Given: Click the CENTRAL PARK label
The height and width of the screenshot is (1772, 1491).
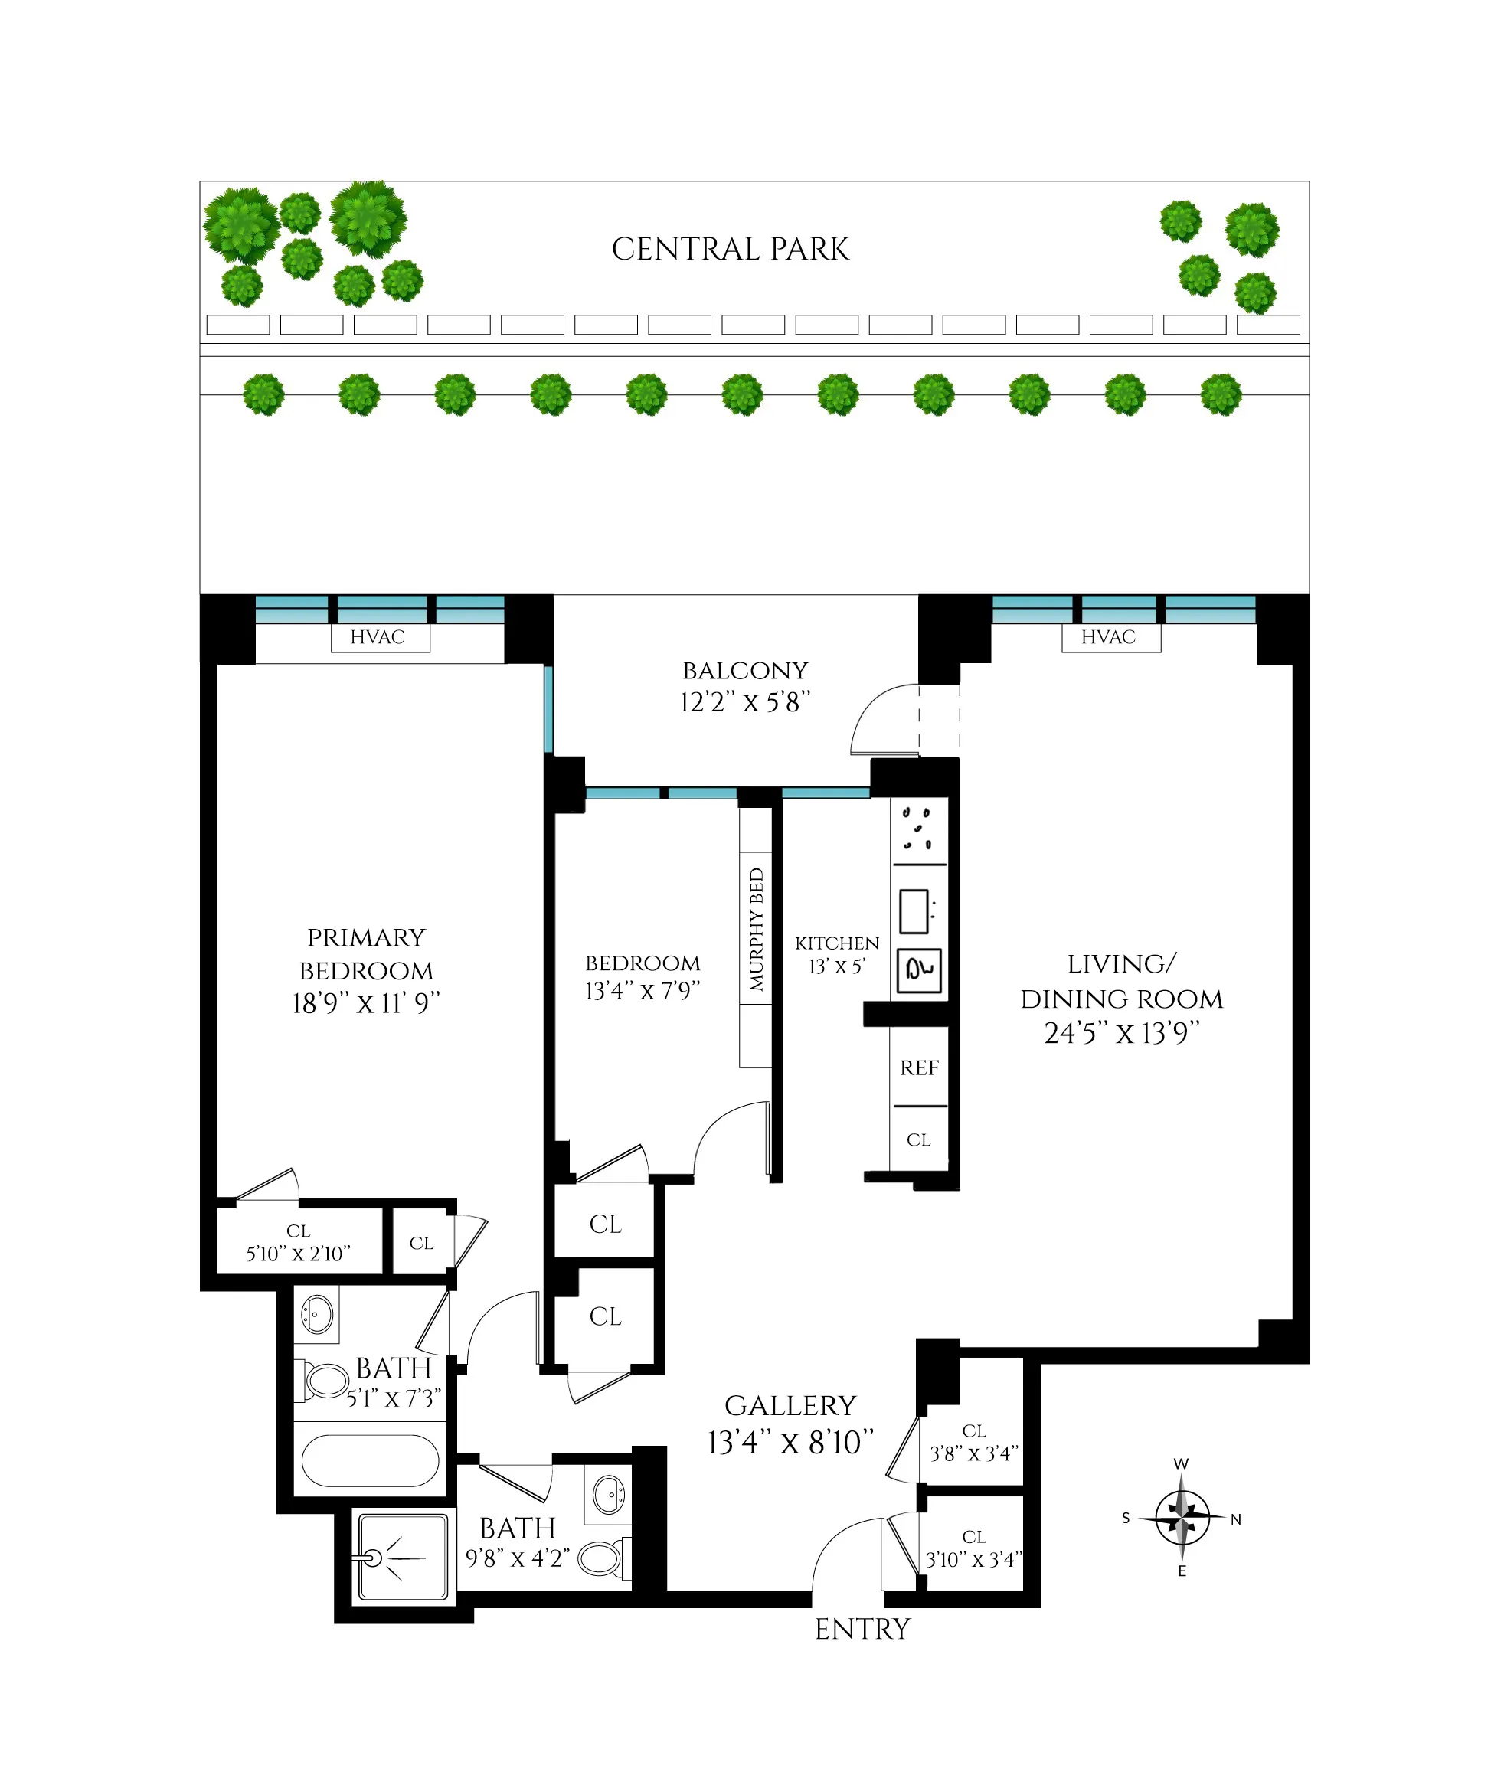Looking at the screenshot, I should tap(731, 250).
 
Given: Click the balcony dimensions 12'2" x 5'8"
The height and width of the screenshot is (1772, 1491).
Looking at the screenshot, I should tap(744, 702).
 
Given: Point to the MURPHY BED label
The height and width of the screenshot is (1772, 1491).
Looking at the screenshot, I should tap(756, 930).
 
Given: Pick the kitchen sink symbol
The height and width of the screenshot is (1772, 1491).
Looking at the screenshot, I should tap(914, 911).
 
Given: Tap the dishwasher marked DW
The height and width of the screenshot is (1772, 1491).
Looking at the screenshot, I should tap(920, 969).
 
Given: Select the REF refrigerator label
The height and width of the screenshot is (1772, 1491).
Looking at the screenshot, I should tap(920, 1068).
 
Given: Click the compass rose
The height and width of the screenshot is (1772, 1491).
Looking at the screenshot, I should tap(1182, 1518).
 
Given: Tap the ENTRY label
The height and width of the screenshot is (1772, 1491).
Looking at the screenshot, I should tap(862, 1630).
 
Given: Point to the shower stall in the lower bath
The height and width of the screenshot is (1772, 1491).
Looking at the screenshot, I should tap(403, 1558).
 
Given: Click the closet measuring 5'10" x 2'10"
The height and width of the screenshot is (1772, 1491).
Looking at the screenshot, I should tap(299, 1243).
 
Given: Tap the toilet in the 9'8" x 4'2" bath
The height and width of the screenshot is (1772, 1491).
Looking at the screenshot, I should tap(601, 1558).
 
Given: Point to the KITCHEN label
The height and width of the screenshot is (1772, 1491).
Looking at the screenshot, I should tap(837, 943).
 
